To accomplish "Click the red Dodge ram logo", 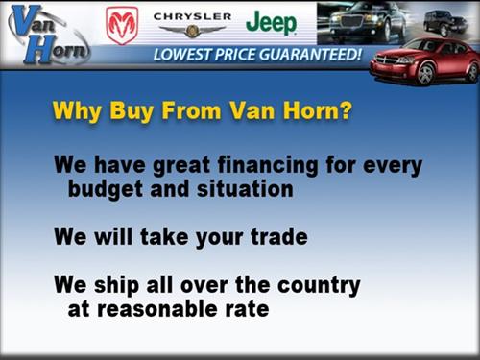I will (x=122, y=24).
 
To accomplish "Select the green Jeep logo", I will (x=271, y=22).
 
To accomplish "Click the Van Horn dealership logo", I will (x=44, y=34).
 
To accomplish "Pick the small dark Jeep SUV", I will (x=445, y=21).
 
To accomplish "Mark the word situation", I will (x=244, y=189).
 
